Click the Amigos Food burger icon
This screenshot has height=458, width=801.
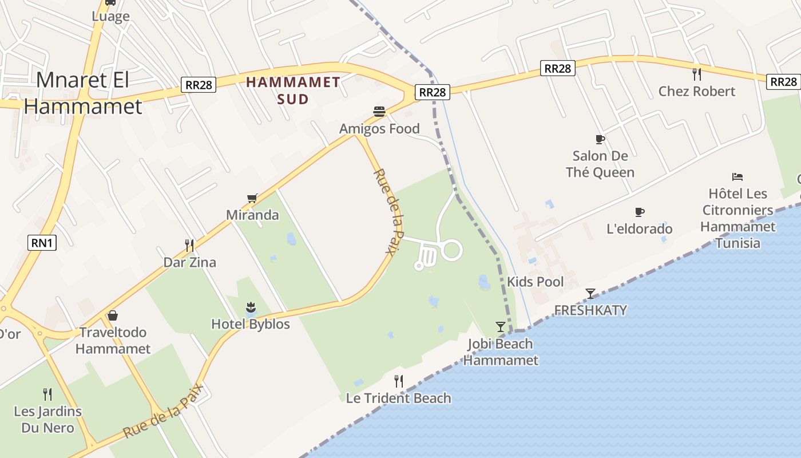(x=379, y=111)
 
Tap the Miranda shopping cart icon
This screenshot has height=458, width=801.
(x=252, y=198)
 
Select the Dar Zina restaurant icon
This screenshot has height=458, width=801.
(x=189, y=246)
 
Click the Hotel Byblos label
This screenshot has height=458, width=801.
(x=251, y=324)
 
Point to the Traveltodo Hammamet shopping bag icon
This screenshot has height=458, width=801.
(x=113, y=315)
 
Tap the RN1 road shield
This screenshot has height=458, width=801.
(x=42, y=243)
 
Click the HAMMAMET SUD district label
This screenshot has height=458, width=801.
(x=293, y=90)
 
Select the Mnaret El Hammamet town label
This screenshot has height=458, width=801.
(x=83, y=93)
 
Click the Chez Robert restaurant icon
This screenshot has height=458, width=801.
(x=696, y=74)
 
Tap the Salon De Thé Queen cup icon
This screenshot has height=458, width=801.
(x=600, y=139)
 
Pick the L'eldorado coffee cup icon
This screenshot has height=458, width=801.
(x=640, y=212)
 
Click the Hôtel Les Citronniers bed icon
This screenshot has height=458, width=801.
(x=737, y=177)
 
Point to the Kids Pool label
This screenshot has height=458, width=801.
(x=535, y=282)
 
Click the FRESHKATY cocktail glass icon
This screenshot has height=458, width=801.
(x=590, y=294)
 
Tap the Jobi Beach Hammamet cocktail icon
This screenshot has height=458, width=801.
(x=501, y=327)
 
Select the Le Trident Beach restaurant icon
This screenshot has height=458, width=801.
(x=399, y=381)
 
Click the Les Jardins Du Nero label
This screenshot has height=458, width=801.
(x=47, y=419)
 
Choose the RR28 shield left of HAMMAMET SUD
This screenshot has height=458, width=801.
(x=199, y=85)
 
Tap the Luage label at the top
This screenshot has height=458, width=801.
(x=110, y=16)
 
